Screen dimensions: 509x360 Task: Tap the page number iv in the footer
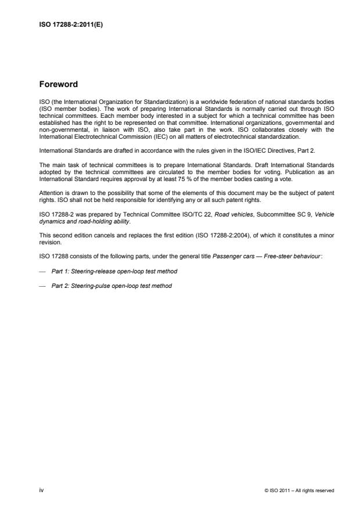click(41, 490)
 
